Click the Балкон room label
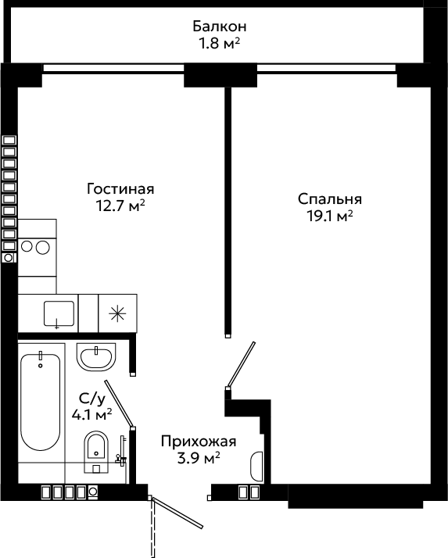(x=220, y=27)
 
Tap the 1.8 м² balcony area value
(x=219, y=44)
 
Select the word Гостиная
(x=120, y=189)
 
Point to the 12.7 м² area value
(x=120, y=206)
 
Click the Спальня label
(x=330, y=199)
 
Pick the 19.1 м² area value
(x=330, y=216)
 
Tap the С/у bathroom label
(x=92, y=399)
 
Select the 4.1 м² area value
(x=92, y=414)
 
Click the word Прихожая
(x=199, y=442)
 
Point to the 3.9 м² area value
(x=199, y=458)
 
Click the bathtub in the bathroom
(x=40, y=402)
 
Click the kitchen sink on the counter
(x=59, y=313)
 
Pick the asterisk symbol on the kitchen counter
(x=117, y=313)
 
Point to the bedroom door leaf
(x=241, y=363)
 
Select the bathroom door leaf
(x=119, y=403)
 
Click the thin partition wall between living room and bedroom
(x=228, y=212)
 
